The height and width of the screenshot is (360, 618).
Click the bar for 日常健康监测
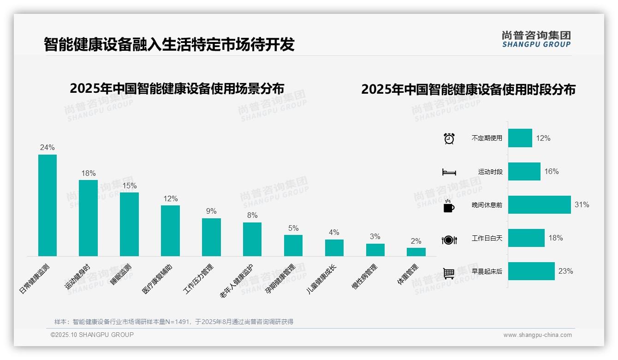(x=47, y=205)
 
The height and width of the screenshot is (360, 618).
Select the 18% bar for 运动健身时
(x=88, y=218)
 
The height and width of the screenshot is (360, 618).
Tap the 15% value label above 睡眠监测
(x=129, y=186)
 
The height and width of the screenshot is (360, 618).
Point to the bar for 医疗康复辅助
(x=170, y=230)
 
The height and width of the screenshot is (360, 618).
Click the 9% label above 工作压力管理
(x=211, y=211)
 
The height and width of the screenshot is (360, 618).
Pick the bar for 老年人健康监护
(x=252, y=239)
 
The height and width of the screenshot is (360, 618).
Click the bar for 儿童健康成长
(x=334, y=247)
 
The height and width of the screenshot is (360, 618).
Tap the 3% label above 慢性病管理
(x=375, y=236)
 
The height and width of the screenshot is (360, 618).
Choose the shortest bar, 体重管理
(x=416, y=252)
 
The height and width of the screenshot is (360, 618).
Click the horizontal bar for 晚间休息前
(x=539, y=204)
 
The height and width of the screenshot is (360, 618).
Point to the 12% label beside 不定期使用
(x=543, y=138)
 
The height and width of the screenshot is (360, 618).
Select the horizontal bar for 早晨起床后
(x=531, y=271)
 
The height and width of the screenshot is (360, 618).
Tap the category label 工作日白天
(x=487, y=238)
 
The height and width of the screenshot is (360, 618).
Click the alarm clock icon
(x=449, y=138)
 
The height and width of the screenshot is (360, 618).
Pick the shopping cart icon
(x=449, y=273)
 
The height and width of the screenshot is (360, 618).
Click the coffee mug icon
(x=449, y=206)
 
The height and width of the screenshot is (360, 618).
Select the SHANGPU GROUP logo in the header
(x=536, y=39)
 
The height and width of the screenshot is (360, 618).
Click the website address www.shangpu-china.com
(x=537, y=335)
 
